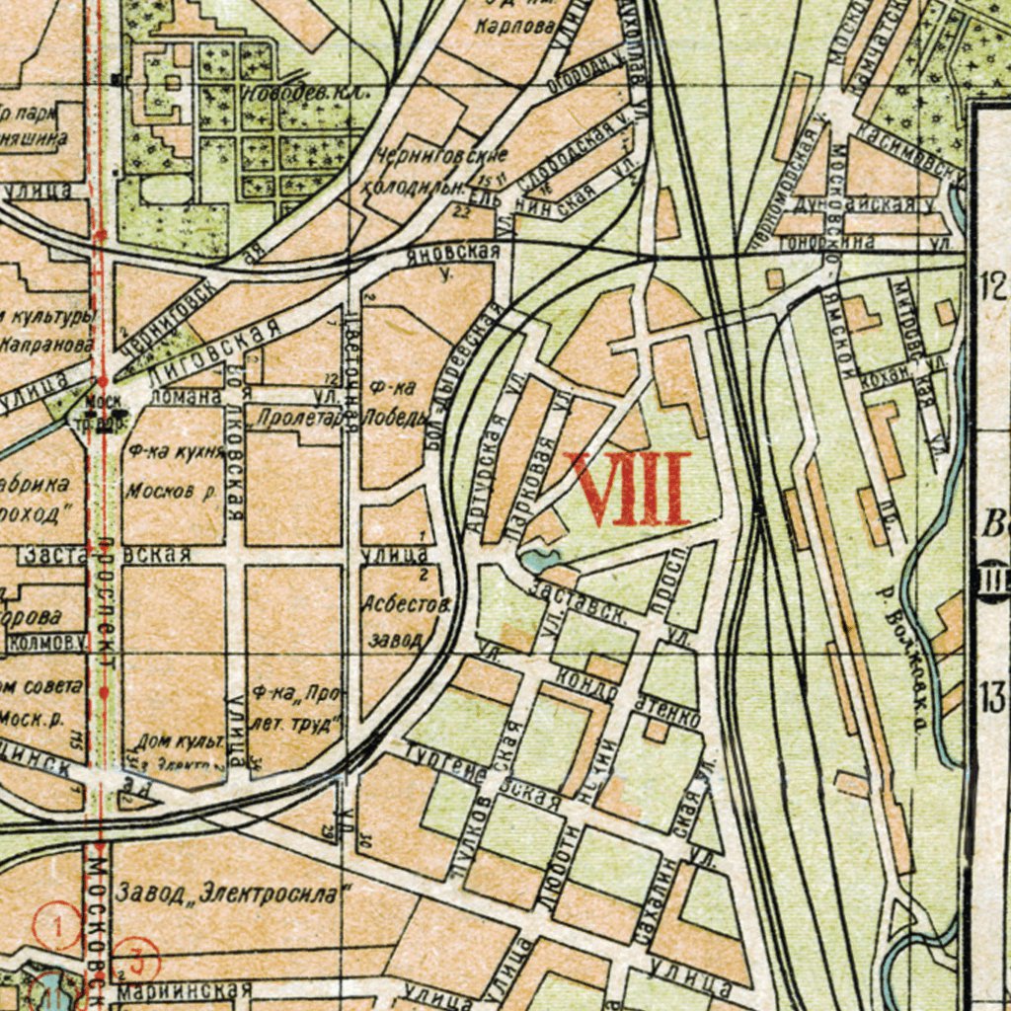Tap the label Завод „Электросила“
coord(233,894)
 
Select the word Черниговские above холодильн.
coord(441,156)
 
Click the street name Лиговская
coord(210,352)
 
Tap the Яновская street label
coord(453,255)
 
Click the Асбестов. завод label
coord(406,620)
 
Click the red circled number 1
coord(56,927)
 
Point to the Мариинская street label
coord(186,989)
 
